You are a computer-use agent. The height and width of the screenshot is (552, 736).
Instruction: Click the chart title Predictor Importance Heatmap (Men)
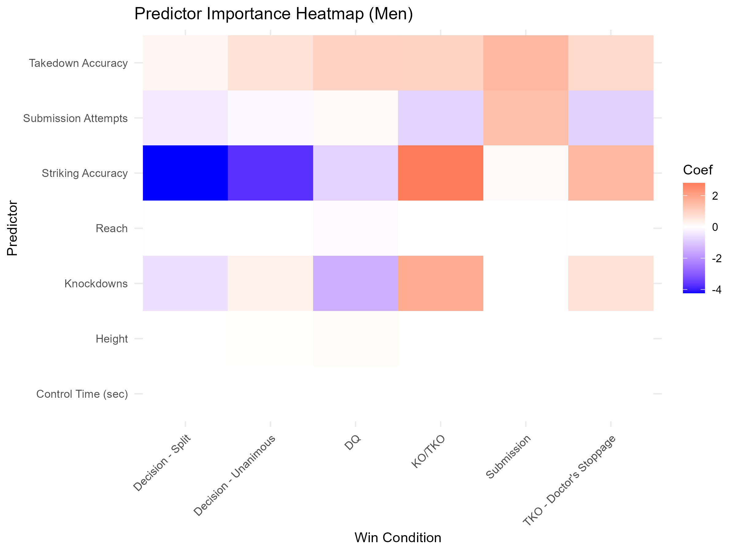[274, 14]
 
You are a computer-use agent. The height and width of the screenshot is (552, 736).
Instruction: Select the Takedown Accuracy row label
[78, 63]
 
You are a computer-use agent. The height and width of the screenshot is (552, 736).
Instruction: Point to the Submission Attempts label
[75, 118]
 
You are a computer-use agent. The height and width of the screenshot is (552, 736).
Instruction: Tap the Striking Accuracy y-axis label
[85, 173]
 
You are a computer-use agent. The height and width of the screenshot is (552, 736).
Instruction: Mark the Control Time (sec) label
[82, 394]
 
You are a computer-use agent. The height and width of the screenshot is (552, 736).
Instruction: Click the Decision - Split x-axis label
[162, 463]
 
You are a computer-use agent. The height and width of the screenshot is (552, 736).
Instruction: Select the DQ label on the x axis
[353, 443]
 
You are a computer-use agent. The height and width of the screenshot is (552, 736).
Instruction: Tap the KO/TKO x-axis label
[428, 451]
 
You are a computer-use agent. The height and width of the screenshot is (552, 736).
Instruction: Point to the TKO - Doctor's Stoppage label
[569, 480]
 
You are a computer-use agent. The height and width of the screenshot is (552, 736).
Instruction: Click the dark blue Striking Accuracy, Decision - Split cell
[185, 173]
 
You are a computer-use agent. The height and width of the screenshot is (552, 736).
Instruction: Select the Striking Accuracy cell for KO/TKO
[441, 173]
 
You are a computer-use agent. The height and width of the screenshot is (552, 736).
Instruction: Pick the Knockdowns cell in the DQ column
[355, 283]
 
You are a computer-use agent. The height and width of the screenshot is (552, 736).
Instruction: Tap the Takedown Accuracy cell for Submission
[526, 63]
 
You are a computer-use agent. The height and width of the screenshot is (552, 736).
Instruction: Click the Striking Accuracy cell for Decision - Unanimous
[270, 173]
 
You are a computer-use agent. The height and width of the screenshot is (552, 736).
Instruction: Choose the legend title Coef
[697, 170]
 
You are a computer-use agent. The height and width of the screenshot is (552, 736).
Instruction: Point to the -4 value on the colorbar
[717, 290]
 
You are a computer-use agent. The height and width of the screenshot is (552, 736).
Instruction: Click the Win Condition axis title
[398, 538]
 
